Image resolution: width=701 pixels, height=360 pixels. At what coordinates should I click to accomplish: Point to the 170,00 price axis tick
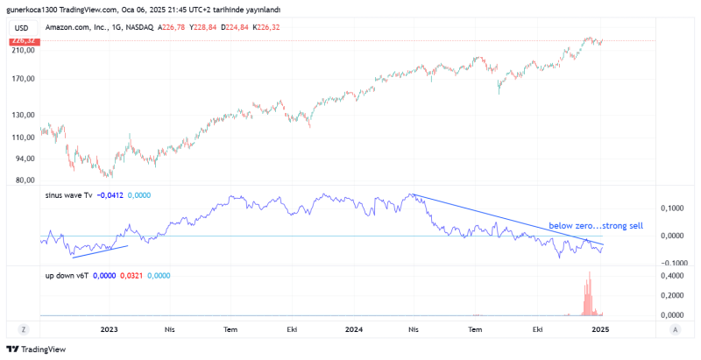[x=23, y=79]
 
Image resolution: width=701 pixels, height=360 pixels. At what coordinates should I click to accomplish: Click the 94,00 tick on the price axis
[x=24, y=159]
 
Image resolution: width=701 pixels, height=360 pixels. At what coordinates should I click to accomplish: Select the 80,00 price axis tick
[x=24, y=180]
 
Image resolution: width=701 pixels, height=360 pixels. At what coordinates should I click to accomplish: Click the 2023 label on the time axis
[x=109, y=329]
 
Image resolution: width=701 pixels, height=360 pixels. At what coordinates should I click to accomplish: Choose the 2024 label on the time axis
[x=354, y=329]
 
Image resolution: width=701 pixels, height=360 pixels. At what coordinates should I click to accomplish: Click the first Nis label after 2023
[x=170, y=329]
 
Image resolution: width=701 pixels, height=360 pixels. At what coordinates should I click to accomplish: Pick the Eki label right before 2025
[x=539, y=329]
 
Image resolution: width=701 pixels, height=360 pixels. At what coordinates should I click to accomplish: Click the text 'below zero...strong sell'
[x=596, y=226]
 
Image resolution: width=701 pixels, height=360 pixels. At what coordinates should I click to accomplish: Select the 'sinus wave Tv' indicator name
[x=68, y=196]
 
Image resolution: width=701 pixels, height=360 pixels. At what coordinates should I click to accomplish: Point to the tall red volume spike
[x=589, y=293]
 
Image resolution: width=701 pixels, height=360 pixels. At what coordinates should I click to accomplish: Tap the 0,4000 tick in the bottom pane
[x=671, y=276]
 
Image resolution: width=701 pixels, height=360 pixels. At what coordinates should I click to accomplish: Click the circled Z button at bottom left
[x=25, y=329]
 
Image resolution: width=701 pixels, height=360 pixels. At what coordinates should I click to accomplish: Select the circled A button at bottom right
[x=675, y=329]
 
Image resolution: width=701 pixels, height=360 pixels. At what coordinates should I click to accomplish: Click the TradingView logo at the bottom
[x=31, y=349]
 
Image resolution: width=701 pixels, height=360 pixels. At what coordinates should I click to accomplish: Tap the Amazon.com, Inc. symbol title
[x=80, y=28]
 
